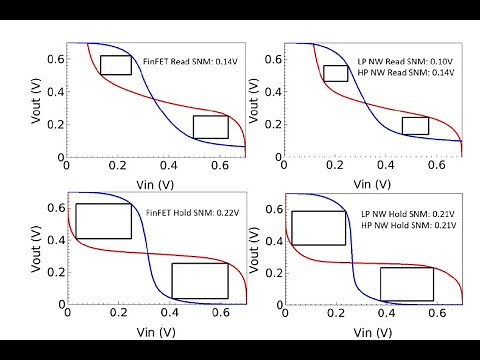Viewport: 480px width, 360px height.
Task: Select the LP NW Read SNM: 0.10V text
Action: pos(408,48)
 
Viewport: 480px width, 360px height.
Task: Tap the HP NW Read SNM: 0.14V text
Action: pos(408,61)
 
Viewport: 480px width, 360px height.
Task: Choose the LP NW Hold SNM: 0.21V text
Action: pos(408,214)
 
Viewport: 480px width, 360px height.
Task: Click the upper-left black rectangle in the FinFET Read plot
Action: pos(116,65)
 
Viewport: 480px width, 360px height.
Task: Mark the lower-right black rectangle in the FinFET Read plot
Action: pos(211,127)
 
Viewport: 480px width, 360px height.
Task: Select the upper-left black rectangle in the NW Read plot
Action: pos(336,73)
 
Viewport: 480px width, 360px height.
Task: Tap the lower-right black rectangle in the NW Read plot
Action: pos(415,126)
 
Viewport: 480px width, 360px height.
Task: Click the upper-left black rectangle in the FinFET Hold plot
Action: pos(104,221)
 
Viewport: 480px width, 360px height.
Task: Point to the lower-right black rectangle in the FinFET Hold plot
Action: pos(199,280)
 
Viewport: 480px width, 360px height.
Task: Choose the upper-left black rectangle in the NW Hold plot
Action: pos(319,228)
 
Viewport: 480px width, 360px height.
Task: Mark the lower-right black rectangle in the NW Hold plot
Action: pos(407,284)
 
